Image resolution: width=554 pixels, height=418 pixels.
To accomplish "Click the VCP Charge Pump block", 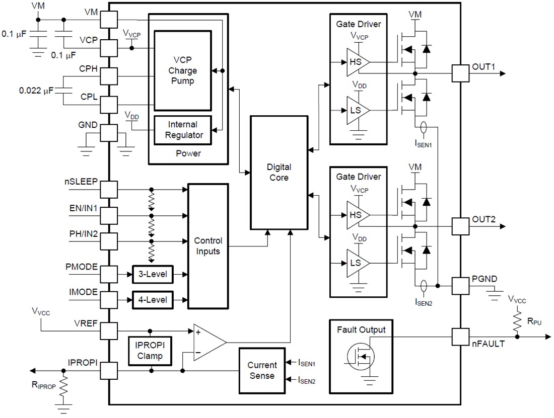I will pos(182,70).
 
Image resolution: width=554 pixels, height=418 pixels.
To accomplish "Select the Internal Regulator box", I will pos(182,129).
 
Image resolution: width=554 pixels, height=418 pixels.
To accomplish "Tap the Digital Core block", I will pos(279,172).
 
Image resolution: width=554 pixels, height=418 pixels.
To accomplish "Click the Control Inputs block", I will pos(207,245).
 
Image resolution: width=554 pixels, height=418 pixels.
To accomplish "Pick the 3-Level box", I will pos(152,275).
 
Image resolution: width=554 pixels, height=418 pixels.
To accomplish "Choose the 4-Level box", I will pos(152,300).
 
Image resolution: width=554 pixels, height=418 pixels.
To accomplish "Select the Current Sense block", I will pos(261,370).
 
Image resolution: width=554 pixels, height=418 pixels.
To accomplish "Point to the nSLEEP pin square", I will pos(109,190).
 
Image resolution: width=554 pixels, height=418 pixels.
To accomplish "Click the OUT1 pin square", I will pos(460,73).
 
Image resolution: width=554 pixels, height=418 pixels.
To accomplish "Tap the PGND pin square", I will pos(460,286).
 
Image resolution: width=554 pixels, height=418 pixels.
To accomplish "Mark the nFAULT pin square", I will pos(460,337).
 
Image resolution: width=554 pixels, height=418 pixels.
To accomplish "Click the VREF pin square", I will pos(109,331).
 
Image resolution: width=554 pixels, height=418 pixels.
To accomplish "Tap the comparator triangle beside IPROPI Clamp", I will pos(207,342).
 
